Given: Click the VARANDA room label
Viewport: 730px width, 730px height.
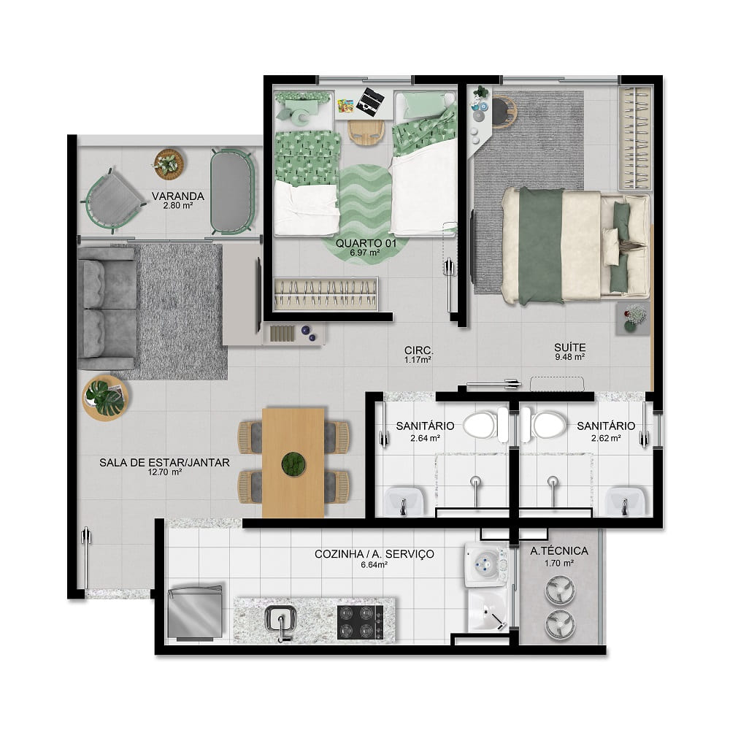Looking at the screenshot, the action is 178,196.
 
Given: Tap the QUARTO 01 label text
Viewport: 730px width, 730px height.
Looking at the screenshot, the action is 366,243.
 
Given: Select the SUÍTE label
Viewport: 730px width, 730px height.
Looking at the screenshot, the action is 570,347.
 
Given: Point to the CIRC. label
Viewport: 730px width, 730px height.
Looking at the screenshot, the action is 418,350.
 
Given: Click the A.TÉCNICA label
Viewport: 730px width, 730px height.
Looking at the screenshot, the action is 559,550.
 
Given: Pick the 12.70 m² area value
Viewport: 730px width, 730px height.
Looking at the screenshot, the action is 164,472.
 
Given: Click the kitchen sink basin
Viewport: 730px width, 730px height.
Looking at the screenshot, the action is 280,620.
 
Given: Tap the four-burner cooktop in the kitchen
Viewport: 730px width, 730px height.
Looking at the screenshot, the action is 361,622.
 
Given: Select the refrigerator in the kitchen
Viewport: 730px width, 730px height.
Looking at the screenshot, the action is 195,612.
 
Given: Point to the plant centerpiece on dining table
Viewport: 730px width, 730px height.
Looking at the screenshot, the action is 293,464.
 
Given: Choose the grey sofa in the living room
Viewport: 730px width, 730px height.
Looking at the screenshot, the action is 107,308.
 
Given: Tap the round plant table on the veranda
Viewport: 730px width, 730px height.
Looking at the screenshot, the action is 168,164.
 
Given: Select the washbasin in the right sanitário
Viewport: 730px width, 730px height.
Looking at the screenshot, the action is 624,501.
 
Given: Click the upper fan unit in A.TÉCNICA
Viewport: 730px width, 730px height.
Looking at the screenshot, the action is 560,591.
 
